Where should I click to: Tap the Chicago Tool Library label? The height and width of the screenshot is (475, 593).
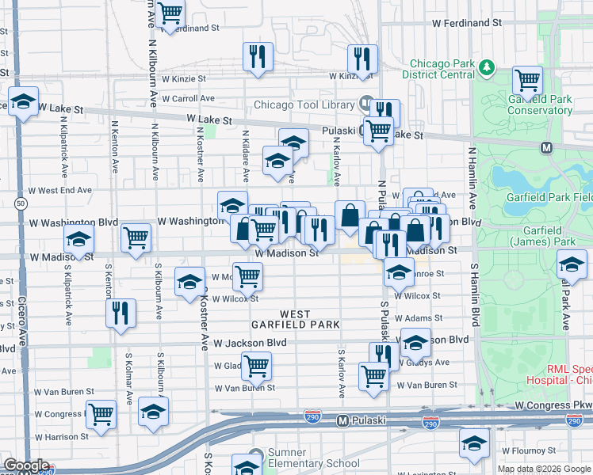click(304, 105)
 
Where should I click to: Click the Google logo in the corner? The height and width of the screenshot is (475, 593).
click(26, 465)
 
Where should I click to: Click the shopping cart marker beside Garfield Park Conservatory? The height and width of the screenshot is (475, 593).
click(527, 80)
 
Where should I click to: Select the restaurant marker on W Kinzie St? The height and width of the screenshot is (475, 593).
click(362, 59)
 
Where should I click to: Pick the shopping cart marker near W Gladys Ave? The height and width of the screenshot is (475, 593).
click(256, 366)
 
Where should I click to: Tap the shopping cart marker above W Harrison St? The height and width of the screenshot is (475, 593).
click(101, 414)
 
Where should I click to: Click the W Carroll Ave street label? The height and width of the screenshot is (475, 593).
click(188, 99)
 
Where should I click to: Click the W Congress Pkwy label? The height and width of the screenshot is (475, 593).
click(553, 405)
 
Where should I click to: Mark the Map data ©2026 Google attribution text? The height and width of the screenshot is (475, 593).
click(543, 469)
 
